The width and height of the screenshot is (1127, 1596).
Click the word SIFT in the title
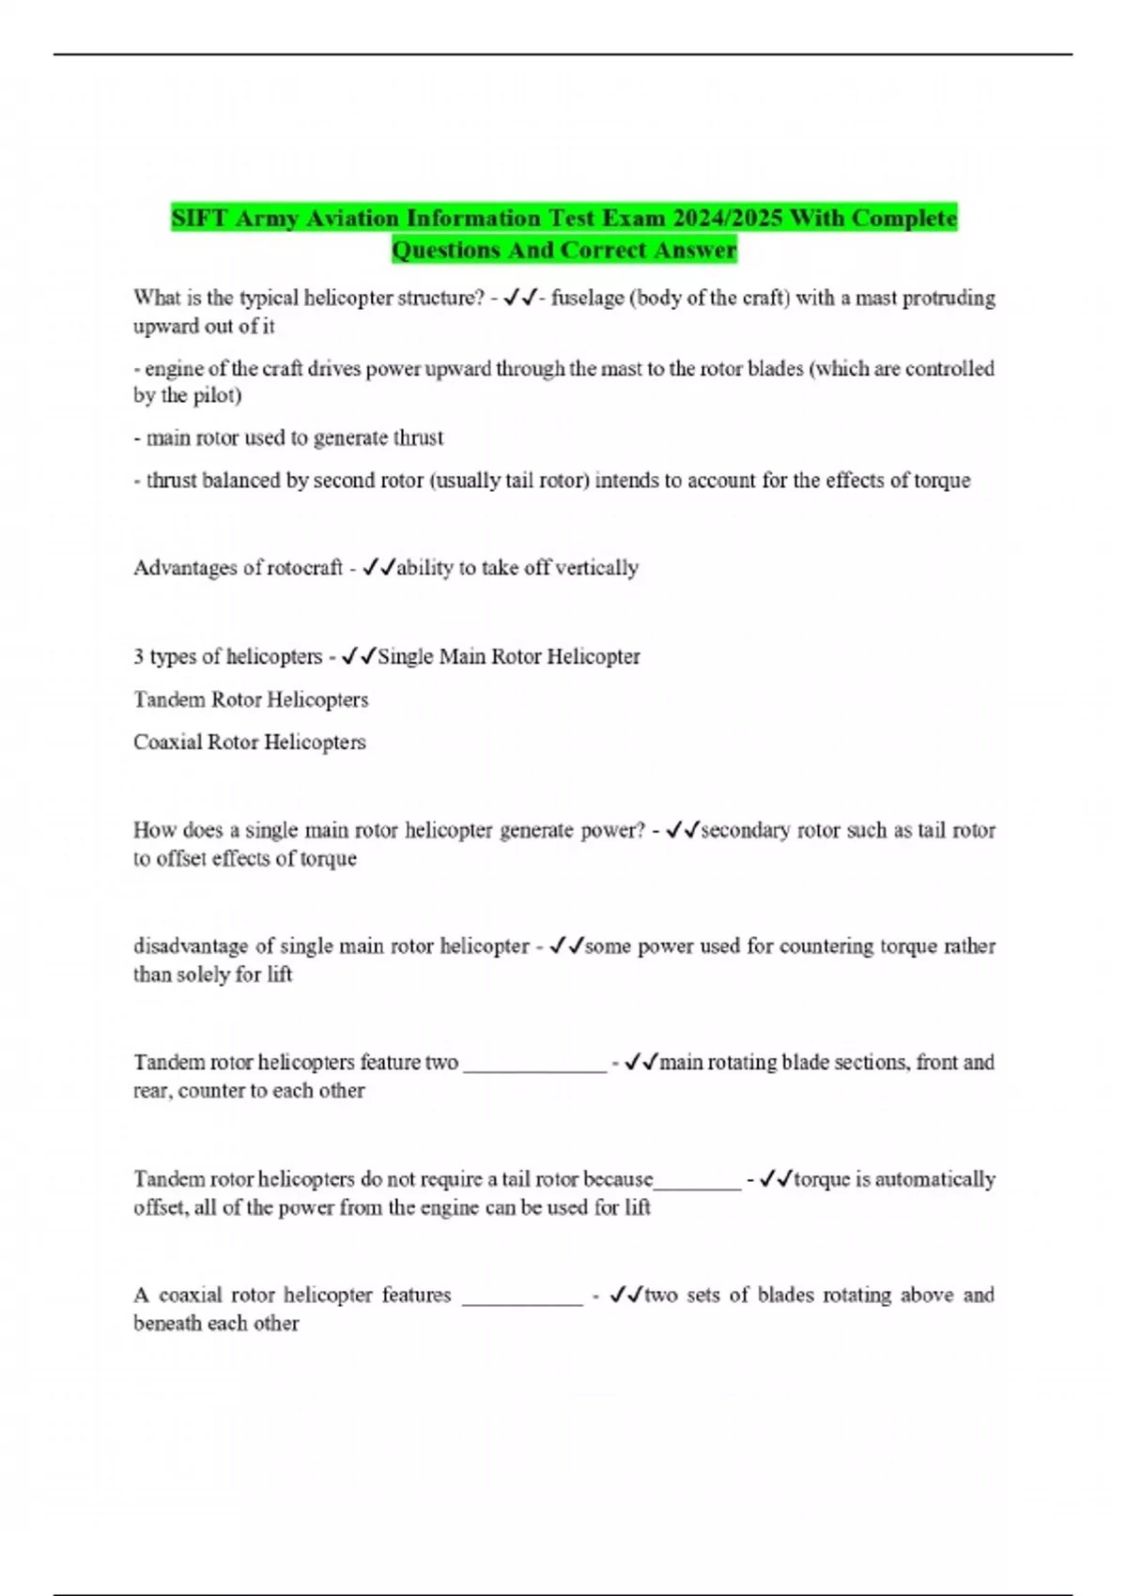199,219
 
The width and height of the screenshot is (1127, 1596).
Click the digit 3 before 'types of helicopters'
138,657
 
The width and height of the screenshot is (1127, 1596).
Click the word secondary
745,831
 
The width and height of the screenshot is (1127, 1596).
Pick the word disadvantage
191,946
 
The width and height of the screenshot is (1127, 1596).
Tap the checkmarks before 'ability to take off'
378,568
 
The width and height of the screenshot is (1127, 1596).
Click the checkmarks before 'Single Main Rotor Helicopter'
359,657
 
